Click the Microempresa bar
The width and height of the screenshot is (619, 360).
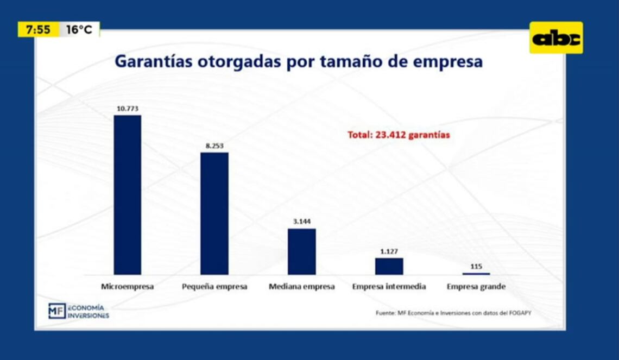[128, 194]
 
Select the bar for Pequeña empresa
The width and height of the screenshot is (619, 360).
[214, 213]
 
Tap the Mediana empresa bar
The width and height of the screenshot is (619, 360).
[301, 251]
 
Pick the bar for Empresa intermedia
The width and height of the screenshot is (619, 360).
[389, 266]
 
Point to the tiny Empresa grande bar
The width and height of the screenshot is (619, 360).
[476, 274]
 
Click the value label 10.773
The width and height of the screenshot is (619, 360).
[128, 109]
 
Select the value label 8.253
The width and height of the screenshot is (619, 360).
[214, 146]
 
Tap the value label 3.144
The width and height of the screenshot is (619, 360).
[301, 222]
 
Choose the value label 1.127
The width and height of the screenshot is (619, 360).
[389, 251]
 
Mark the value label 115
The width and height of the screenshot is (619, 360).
[476, 267]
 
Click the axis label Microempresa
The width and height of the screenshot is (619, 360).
[128, 287]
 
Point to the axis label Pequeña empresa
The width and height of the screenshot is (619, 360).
[214, 287]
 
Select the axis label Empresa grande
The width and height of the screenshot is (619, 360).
[476, 287]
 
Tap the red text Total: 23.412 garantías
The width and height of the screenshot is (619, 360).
[399, 135]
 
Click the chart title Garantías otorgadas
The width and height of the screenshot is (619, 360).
[298, 61]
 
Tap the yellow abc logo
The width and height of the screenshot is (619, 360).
[556, 38]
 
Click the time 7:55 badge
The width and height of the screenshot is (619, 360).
[38, 30]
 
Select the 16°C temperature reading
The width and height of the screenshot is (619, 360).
[79, 30]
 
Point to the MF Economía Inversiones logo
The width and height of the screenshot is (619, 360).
[78, 311]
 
